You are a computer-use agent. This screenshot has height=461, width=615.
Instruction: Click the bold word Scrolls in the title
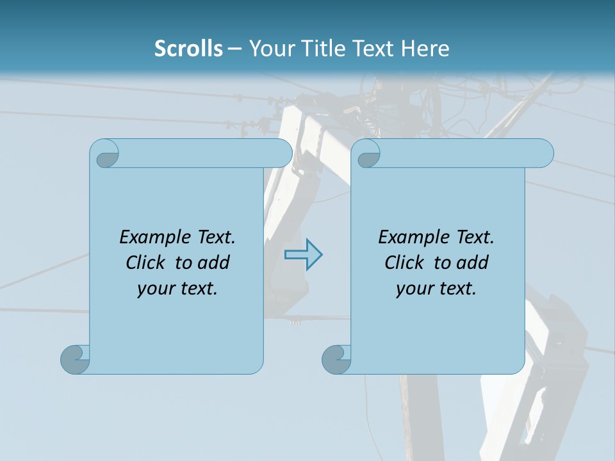(189, 49)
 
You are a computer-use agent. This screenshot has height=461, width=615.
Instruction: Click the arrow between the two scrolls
(303, 255)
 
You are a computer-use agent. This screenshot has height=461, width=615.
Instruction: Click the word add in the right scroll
(473, 263)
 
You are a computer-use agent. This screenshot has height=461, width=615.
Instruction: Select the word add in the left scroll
(215, 263)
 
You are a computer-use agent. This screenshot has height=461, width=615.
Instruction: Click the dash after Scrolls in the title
(234, 49)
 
